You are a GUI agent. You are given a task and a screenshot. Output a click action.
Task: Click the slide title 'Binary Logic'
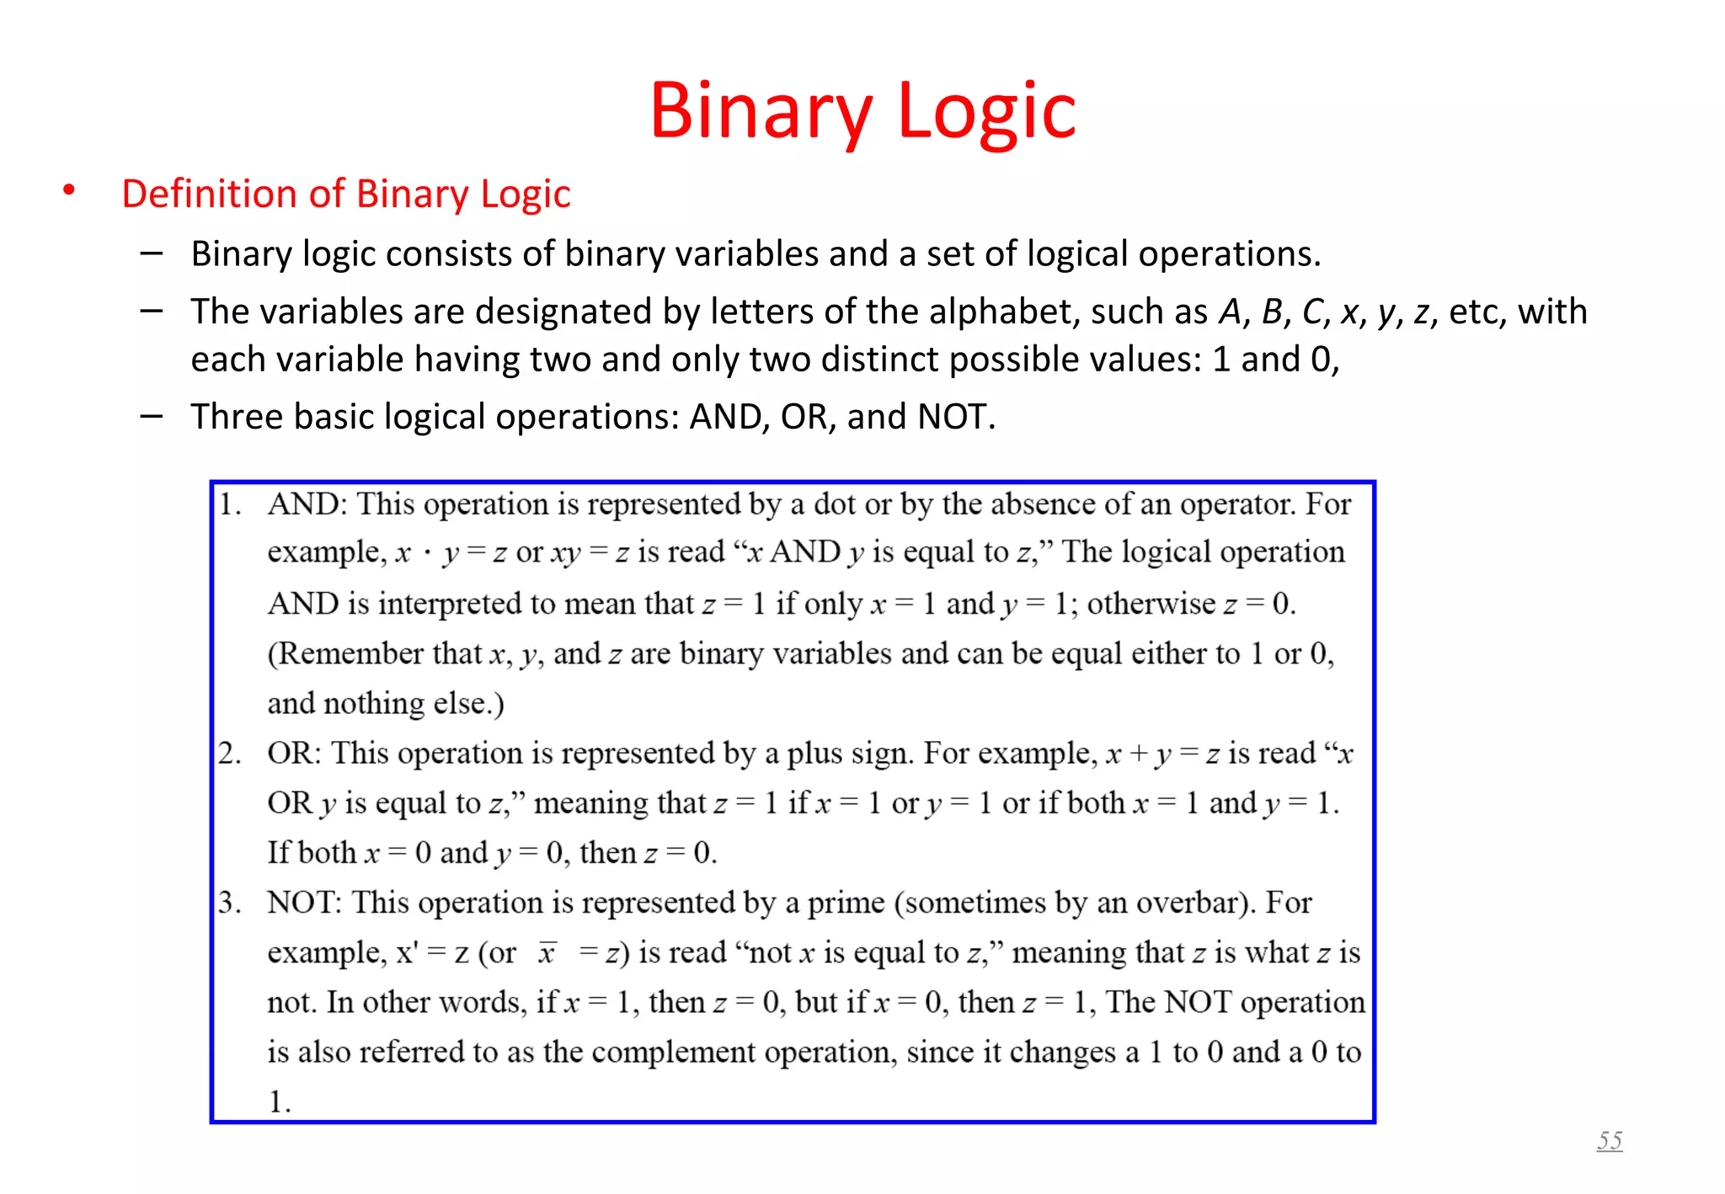[862, 110]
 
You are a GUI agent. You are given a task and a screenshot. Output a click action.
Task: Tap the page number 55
[1609, 1141]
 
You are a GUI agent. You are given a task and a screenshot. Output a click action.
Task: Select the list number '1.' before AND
[230, 504]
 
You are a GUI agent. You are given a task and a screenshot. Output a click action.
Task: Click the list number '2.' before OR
[230, 753]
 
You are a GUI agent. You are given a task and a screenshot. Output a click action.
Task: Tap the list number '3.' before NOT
[230, 903]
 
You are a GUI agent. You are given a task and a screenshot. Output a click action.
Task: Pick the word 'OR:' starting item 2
[294, 753]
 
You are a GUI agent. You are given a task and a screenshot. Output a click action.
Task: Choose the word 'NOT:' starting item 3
[304, 903]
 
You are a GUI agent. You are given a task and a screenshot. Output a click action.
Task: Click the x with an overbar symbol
[547, 952]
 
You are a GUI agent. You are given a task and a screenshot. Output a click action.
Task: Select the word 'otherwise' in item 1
[1151, 604]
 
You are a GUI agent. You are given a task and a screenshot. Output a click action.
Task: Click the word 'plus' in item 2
[814, 753]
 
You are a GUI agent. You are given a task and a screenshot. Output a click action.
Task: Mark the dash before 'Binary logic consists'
[152, 253]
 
